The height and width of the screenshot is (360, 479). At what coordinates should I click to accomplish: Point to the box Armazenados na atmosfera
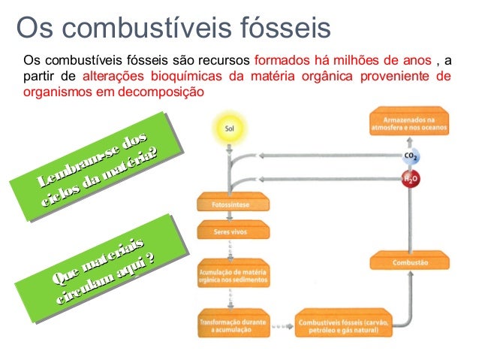tap(410, 123)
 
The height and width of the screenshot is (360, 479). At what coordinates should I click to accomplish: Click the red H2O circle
tap(410, 180)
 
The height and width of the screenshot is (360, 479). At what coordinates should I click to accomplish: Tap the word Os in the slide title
tap(34, 28)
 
